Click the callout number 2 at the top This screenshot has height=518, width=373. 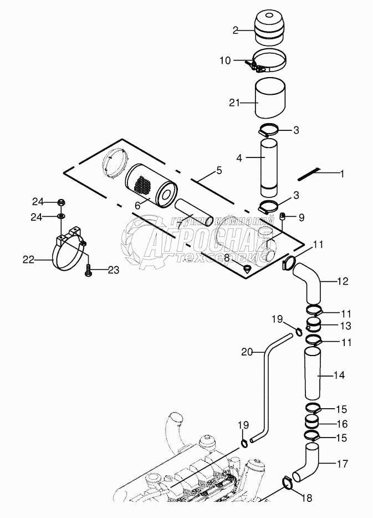click(x=236, y=31)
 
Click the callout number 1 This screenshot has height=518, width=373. click(x=342, y=174)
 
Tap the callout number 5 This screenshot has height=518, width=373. click(x=219, y=171)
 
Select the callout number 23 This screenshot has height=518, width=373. click(x=113, y=270)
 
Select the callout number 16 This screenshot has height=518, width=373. click(x=342, y=424)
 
